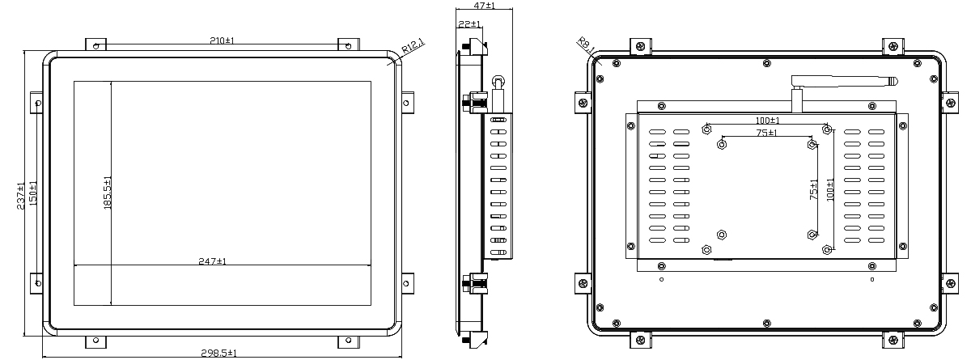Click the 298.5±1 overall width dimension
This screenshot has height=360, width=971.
click(x=219, y=353)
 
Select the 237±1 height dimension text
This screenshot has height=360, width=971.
click(x=20, y=197)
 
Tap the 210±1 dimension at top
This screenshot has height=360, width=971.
click(x=222, y=40)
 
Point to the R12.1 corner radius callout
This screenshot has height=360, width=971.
click(x=413, y=46)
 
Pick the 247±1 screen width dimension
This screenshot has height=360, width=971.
click(x=212, y=261)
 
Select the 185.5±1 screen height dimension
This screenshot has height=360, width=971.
click(x=108, y=193)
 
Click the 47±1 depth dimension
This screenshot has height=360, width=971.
click(x=484, y=5)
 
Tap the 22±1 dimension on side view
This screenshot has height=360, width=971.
click(x=469, y=23)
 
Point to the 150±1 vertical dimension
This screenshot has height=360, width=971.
click(x=33, y=193)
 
